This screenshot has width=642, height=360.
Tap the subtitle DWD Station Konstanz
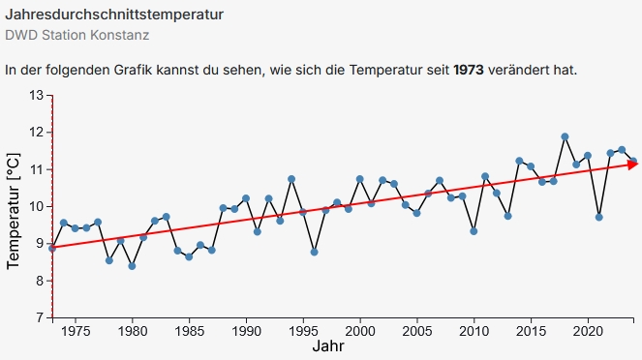77,36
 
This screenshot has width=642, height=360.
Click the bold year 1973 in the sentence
470,71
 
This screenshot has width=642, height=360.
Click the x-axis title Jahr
328,346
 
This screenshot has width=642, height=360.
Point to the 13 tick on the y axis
37,95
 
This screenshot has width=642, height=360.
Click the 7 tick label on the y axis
41,316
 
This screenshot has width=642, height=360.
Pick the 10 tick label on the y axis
37,206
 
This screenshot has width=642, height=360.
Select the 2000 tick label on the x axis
360,330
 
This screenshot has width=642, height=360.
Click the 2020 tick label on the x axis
588,330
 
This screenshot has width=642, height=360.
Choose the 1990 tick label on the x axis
246,330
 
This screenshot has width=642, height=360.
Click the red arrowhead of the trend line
632,165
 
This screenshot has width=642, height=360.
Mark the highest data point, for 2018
565,136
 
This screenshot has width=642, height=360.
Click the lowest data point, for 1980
132,266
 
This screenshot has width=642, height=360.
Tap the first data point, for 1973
52,248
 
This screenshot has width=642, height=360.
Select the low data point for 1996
314,252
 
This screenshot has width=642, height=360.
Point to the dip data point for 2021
599,217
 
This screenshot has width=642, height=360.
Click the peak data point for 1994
291,179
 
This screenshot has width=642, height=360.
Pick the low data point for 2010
474,231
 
